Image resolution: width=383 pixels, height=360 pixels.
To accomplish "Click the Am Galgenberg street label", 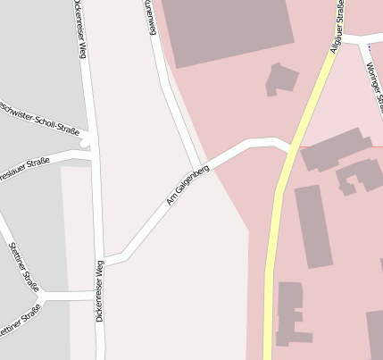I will coord(187,184).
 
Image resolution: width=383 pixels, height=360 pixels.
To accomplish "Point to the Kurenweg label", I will coord(150,18).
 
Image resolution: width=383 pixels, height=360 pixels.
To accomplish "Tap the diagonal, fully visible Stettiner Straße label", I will coord(24,265).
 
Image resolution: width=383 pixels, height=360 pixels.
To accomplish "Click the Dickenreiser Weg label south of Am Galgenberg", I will coord(100,290).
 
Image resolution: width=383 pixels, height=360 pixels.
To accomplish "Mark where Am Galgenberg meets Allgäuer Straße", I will coord(288,149).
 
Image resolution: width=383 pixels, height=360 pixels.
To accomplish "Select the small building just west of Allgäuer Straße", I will coord(282,79).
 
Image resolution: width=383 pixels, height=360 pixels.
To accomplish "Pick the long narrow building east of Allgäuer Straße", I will coord(313,225).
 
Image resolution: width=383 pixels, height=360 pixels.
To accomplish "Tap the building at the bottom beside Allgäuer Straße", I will coord(292,313).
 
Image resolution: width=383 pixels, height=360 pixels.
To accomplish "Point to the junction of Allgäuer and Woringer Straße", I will coord(345,38).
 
